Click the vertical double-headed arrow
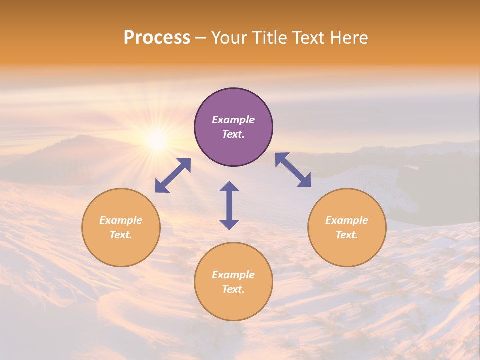point(229,205)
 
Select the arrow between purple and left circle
point(173,175)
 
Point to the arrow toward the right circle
point(293,170)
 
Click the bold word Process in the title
point(157,38)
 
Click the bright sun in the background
point(157,141)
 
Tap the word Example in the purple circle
point(233,120)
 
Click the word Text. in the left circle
point(121,235)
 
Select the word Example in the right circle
point(347,220)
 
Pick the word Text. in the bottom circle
point(233,289)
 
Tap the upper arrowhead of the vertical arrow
point(229,187)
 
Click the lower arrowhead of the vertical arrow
point(229,224)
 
